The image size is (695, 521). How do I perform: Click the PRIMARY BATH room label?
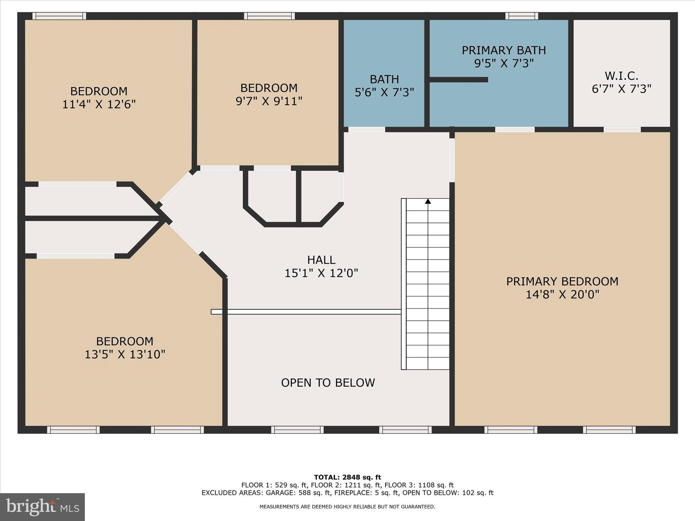(504, 51)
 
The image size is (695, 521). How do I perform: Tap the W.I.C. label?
(621, 75)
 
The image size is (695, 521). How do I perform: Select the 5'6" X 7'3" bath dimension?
(384, 92)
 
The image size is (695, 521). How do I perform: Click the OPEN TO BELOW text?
(328, 383)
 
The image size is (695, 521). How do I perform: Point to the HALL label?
(321, 260)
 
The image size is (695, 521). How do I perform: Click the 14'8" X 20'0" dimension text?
(562, 294)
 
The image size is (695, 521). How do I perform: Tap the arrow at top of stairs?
(428, 201)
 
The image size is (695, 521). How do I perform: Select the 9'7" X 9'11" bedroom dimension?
(269, 101)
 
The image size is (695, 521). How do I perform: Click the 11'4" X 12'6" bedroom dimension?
(99, 104)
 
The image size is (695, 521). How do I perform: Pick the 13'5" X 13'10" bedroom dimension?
(125, 354)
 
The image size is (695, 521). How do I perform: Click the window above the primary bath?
(521, 16)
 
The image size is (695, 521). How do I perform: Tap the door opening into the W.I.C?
(622, 130)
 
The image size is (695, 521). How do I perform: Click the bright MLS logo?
(42, 507)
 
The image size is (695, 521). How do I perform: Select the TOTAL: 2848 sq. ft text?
(347, 477)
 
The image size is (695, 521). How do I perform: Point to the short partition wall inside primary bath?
(458, 80)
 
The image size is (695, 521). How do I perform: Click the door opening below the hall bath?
(367, 130)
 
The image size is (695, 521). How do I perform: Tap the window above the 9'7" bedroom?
(269, 16)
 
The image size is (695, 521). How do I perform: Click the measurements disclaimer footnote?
(347, 507)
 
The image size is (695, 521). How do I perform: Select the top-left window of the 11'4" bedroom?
(59, 16)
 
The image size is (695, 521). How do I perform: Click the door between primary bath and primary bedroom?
(514, 130)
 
